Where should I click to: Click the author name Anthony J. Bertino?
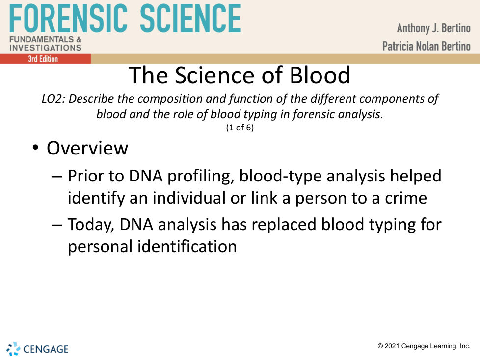pos(433,28)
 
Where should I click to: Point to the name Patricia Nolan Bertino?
pos(426,46)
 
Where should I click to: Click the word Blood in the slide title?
pos(320,75)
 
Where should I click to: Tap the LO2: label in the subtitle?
pos(53,99)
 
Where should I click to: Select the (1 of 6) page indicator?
pos(240,127)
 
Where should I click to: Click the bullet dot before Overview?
pos(35,148)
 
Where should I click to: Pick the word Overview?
pos(87,148)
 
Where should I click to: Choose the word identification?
pos(187,246)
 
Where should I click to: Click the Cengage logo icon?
pos(13,349)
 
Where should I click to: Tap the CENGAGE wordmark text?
pos(46,349)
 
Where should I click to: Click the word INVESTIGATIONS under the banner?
pos(45,48)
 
